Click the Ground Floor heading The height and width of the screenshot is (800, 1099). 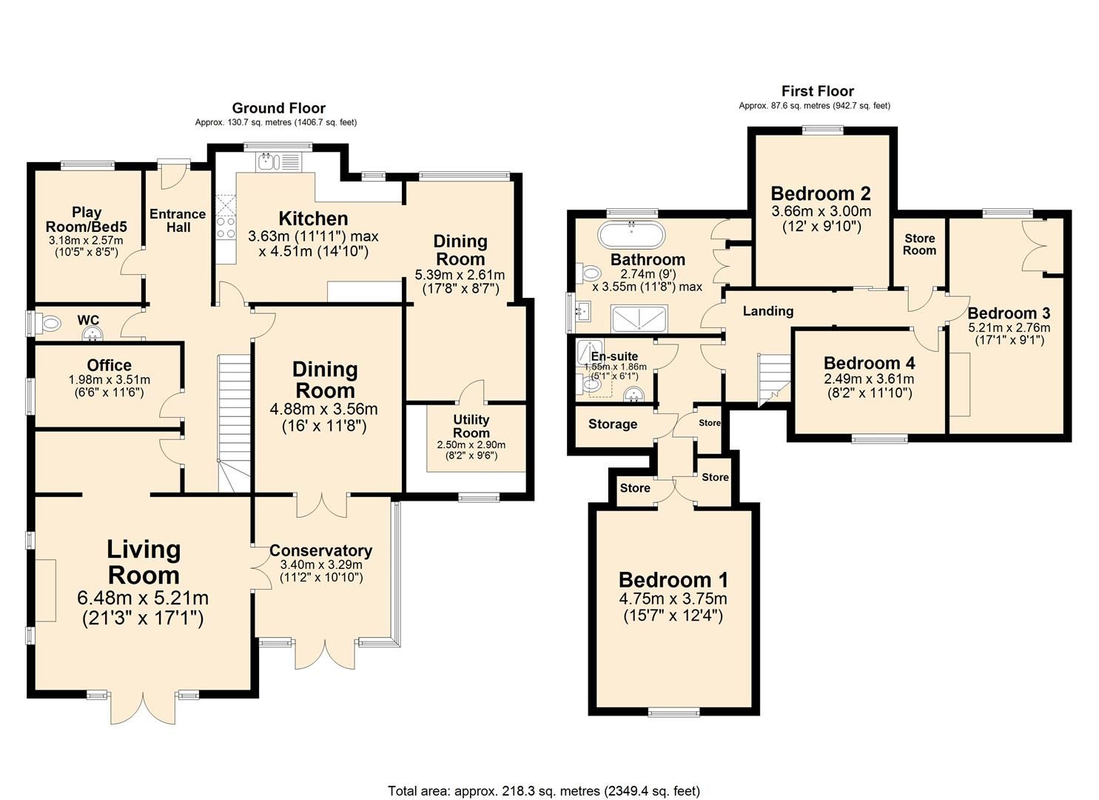click(x=278, y=108)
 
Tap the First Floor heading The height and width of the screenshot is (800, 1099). click(x=817, y=91)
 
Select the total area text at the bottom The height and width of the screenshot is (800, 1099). click(x=544, y=790)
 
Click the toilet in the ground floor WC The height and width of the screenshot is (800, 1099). click(x=49, y=323)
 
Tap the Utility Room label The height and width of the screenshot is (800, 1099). click(x=471, y=426)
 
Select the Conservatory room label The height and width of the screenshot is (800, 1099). click(x=320, y=550)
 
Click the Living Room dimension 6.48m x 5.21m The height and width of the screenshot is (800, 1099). click(x=143, y=597)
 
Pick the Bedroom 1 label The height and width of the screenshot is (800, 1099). click(x=673, y=579)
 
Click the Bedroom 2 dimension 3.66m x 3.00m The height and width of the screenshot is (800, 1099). click(x=821, y=211)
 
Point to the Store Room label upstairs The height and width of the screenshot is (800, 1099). click(x=919, y=244)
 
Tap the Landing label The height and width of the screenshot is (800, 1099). click(x=767, y=311)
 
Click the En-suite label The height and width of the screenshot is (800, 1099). click(x=614, y=356)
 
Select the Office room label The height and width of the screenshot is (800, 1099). click(x=109, y=365)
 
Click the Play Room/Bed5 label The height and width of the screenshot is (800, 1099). click(x=86, y=219)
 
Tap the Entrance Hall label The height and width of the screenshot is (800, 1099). click(x=178, y=221)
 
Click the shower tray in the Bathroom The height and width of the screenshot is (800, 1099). click(x=639, y=318)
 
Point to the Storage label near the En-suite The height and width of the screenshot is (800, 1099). click(x=612, y=424)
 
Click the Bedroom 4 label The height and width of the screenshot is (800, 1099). click(x=869, y=363)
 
